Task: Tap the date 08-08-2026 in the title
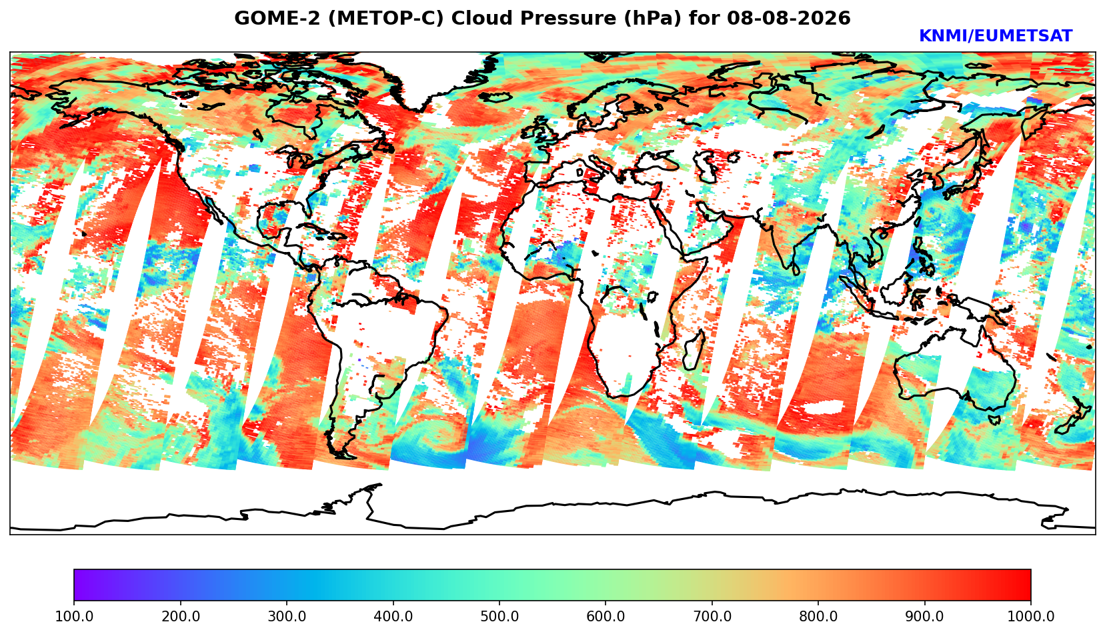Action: (789, 18)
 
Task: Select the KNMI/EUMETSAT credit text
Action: (996, 36)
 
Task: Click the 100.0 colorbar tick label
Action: (74, 616)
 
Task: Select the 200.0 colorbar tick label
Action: (181, 616)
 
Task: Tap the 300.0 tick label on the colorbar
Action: (287, 616)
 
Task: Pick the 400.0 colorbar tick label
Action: (393, 616)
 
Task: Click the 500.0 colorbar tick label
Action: (499, 616)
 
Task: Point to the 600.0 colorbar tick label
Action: (606, 616)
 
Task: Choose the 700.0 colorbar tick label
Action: (712, 616)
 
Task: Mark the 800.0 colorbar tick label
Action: (818, 616)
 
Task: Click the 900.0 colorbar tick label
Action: (924, 616)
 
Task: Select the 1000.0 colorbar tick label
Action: (1031, 616)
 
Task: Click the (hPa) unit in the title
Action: (653, 19)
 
